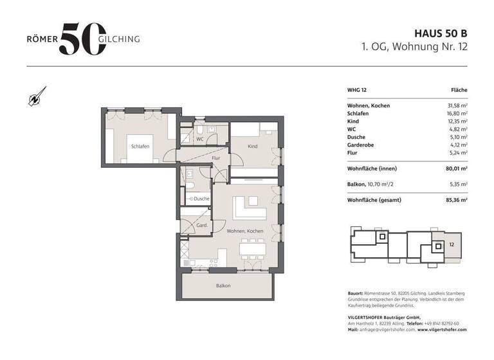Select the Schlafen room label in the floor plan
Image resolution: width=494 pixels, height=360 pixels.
pos(140,147)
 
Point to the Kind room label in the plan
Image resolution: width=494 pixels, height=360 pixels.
pos(252,147)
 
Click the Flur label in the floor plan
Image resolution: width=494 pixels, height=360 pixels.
pos(217,157)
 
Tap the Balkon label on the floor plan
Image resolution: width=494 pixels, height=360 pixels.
pos(223,285)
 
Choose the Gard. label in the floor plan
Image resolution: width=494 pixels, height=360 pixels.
pos(201,226)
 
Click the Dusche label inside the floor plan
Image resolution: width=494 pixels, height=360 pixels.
pos(201,199)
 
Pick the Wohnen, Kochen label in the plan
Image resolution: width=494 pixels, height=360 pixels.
pos(244,230)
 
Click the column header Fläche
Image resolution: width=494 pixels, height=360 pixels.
pos(459,91)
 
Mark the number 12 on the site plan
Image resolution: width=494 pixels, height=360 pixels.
pos(452,244)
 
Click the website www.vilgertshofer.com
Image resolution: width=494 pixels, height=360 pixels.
pos(442,329)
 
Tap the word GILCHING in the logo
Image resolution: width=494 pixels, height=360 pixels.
pos(118,39)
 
